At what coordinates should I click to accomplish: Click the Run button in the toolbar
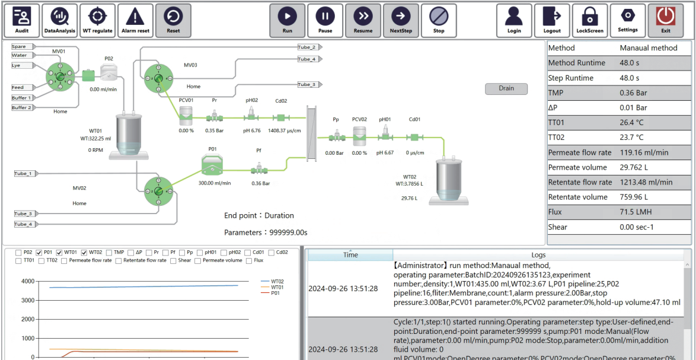click(x=287, y=20)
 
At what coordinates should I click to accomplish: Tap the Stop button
click(x=439, y=20)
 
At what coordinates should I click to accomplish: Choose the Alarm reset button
click(x=135, y=20)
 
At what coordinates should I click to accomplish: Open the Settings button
click(x=628, y=20)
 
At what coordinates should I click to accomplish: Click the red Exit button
click(x=666, y=20)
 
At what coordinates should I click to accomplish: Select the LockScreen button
click(x=590, y=20)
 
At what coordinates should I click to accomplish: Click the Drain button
click(x=506, y=88)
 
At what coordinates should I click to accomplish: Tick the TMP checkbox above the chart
click(x=108, y=253)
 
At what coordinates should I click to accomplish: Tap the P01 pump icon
click(x=211, y=165)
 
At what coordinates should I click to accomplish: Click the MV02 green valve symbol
click(x=158, y=191)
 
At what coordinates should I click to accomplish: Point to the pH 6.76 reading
click(x=251, y=130)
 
